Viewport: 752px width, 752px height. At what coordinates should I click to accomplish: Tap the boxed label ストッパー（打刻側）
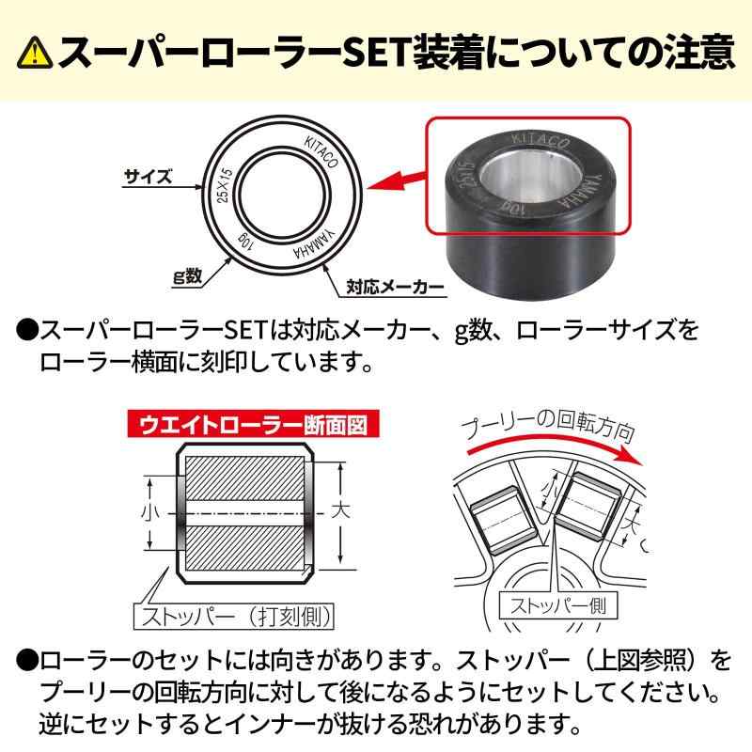(x=230, y=618)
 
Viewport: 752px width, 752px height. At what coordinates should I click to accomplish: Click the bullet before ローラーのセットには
(x=26, y=662)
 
